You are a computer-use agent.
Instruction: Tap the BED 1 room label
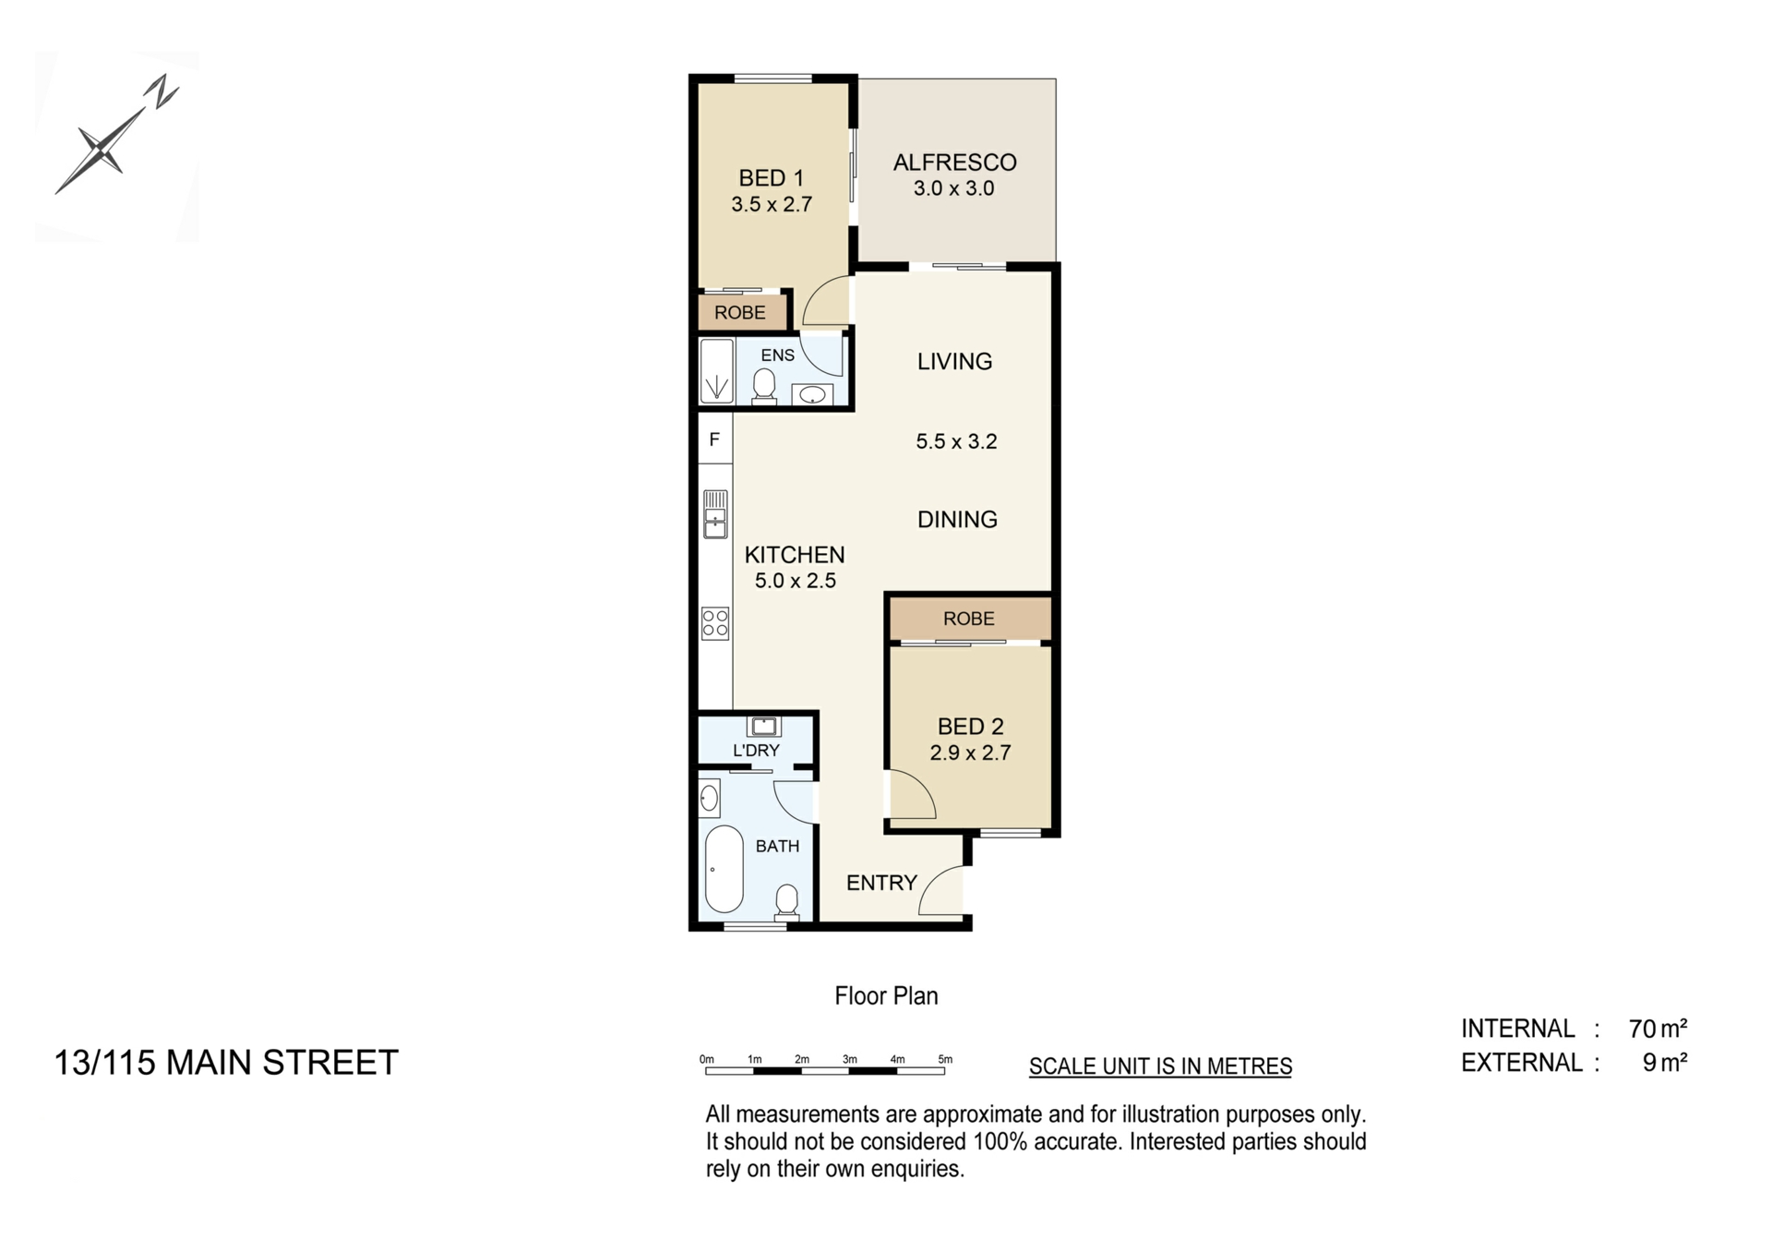772,178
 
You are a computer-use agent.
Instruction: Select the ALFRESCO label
955,163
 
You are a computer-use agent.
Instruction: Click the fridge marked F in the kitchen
714,439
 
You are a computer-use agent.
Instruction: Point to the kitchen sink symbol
715,514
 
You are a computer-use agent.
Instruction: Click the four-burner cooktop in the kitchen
715,623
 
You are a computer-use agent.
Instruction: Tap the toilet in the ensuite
764,386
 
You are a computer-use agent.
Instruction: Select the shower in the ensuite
716,372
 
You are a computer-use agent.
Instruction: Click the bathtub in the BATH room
724,869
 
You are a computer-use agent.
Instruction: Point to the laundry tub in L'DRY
764,726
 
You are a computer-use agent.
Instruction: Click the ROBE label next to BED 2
969,619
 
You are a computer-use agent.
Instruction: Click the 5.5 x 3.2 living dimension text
956,441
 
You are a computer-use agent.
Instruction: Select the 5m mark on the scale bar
945,1059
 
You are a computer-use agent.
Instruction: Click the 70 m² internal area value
1658,1029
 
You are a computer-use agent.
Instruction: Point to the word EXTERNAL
1522,1063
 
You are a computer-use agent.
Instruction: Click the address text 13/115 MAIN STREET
226,1063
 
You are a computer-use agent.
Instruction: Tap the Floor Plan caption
886,995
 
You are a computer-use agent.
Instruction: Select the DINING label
957,520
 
